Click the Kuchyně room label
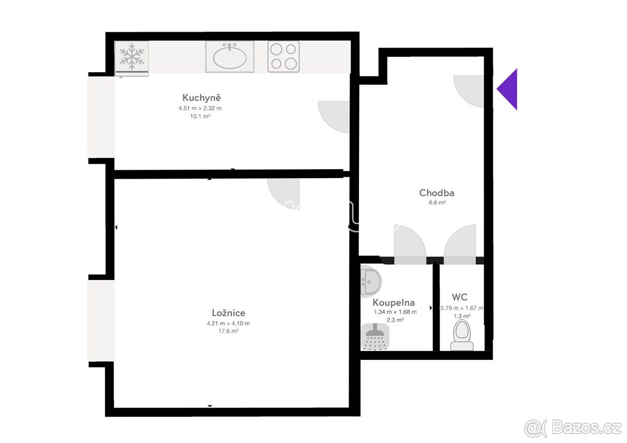click(x=202, y=97)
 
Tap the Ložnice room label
click(x=228, y=312)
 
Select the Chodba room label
click(x=437, y=193)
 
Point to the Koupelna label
click(x=393, y=302)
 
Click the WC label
click(x=460, y=297)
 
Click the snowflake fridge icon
click(x=132, y=56)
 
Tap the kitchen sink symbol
click(x=230, y=56)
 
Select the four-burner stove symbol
click(x=284, y=56)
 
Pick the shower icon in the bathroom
click(x=375, y=337)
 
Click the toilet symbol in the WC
click(x=461, y=335)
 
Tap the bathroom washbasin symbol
click(x=370, y=281)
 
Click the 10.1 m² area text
click(x=200, y=116)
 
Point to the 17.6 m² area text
click(x=228, y=331)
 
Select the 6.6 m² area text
click(x=437, y=202)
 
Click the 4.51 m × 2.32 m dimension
click(x=200, y=108)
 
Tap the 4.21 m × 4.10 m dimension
click(x=228, y=323)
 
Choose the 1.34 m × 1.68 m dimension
click(x=395, y=312)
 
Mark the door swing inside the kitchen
click(x=333, y=116)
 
